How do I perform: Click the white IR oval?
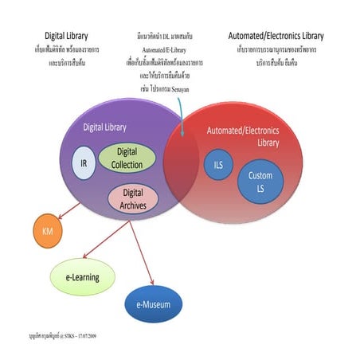pos(84,163)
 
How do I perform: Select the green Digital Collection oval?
pos(127,158)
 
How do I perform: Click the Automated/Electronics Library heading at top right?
pos(276,36)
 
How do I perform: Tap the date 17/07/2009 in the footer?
pos(102,337)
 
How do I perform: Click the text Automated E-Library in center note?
pos(170,49)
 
